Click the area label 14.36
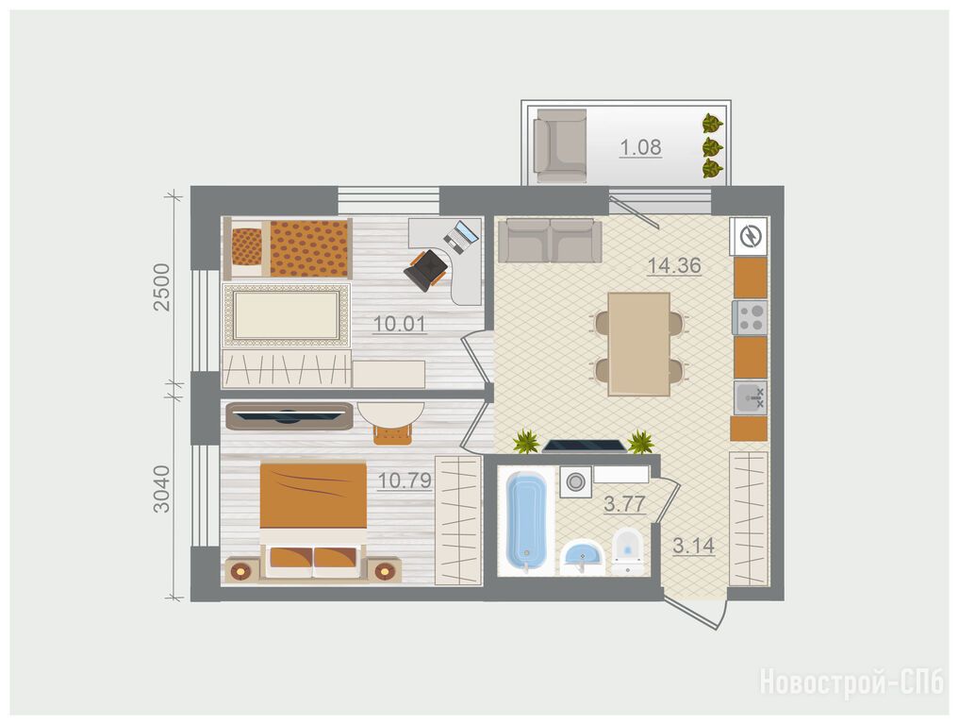pyautogui.click(x=674, y=266)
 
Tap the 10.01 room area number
pyautogui.click(x=400, y=323)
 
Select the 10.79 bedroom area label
pyautogui.click(x=405, y=481)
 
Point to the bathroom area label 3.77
pyautogui.click(x=624, y=504)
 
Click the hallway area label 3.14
pyautogui.click(x=694, y=546)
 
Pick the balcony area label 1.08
pyautogui.click(x=640, y=147)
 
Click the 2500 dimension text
pyautogui.click(x=161, y=287)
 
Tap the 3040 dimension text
pyautogui.click(x=161, y=489)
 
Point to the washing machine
pyautogui.click(x=575, y=481)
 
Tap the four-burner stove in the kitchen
pyautogui.click(x=750, y=317)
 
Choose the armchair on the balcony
pyautogui.click(x=560, y=145)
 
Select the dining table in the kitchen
pyautogui.click(x=638, y=345)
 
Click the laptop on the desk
pyautogui.click(x=460, y=238)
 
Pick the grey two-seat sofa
pyautogui.click(x=550, y=241)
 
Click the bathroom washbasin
pyautogui.click(x=582, y=557)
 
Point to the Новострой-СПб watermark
pyautogui.click(x=852, y=683)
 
